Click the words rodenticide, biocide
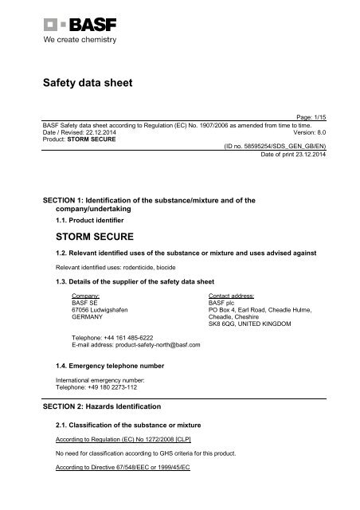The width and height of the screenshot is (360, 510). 140,268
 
